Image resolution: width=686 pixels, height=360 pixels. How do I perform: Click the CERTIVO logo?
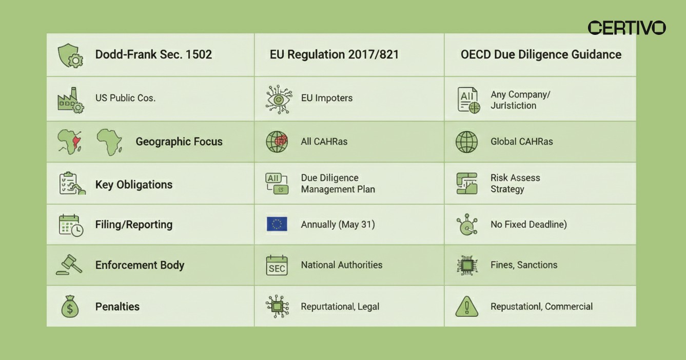click(x=626, y=28)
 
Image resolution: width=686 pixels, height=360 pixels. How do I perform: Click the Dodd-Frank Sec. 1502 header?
click(x=153, y=54)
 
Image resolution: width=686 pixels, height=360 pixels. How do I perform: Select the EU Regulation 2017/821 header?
click(x=334, y=54)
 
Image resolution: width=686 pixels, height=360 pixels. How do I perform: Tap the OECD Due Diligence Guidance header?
click(x=541, y=54)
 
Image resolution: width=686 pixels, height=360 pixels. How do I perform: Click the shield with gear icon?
click(x=70, y=55)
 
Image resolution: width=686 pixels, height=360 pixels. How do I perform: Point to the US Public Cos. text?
click(x=125, y=97)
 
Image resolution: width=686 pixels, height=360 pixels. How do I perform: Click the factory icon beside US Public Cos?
click(x=70, y=99)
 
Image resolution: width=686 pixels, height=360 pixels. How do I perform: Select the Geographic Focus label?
click(x=179, y=142)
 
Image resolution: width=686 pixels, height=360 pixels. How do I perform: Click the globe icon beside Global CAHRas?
click(x=466, y=142)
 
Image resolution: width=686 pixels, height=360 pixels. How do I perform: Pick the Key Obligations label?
click(x=134, y=185)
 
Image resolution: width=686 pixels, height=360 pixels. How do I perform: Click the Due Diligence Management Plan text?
click(x=338, y=184)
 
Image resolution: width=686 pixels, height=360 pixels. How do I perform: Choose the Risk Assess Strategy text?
click(x=515, y=184)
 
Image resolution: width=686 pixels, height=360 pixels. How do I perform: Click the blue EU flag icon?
click(x=277, y=224)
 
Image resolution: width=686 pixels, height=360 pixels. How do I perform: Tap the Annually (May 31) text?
click(x=338, y=224)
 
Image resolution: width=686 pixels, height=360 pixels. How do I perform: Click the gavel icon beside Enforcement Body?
click(x=69, y=265)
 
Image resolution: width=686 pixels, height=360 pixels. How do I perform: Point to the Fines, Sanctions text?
click(x=524, y=265)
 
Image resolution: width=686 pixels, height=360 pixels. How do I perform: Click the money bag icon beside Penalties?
click(x=70, y=307)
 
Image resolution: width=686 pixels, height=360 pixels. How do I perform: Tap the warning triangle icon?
click(x=466, y=307)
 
